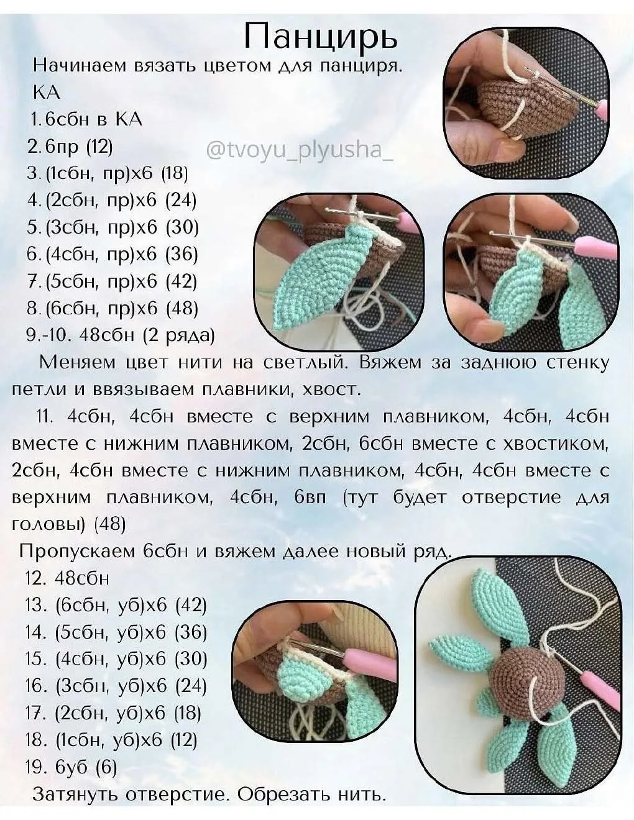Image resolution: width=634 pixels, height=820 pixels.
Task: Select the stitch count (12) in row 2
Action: (99, 147)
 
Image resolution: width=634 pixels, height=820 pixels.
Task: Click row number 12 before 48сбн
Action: (37, 578)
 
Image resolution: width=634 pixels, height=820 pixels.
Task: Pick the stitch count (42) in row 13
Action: (191, 605)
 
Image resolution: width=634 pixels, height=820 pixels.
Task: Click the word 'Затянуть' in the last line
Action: (76, 795)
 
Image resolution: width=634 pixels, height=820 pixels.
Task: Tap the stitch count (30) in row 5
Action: (182, 227)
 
